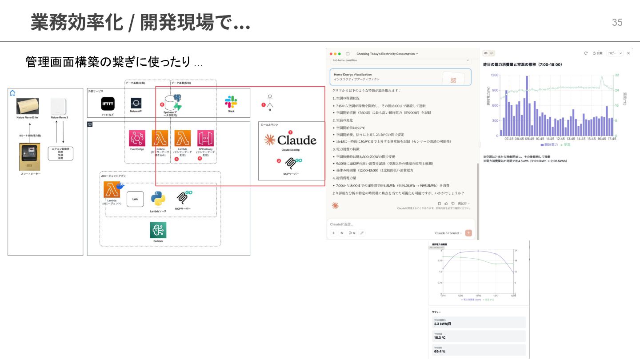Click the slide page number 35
[x=617, y=23]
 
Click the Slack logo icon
[x=231, y=102]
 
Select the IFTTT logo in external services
[x=108, y=104]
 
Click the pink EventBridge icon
[x=137, y=138]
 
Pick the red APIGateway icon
[x=206, y=138]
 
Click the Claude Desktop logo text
[x=291, y=140]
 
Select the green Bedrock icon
[x=158, y=230]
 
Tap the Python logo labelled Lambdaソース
[x=158, y=199]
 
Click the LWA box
[x=135, y=200]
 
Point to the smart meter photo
[x=30, y=156]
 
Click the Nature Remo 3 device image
[x=59, y=107]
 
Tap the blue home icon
[x=12, y=93]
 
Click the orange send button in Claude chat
[x=468, y=233]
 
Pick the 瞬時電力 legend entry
[x=549, y=145]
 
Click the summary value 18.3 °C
[x=440, y=338]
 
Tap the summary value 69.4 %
[x=440, y=352]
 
